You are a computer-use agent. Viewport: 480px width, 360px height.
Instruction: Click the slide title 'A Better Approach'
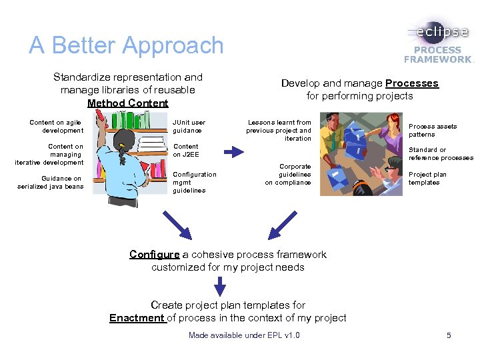[126, 45]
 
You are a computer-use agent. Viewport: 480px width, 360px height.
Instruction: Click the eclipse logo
[439, 32]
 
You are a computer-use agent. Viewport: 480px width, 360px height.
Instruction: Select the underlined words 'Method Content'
[127, 103]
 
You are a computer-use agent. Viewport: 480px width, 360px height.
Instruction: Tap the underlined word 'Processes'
[411, 83]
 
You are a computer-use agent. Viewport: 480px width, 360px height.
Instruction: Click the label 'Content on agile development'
[57, 126]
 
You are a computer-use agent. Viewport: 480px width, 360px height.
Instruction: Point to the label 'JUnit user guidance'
[189, 126]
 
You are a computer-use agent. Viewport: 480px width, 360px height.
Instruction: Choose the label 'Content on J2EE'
[185, 150]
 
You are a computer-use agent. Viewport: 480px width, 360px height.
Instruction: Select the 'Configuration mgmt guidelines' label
[194, 182]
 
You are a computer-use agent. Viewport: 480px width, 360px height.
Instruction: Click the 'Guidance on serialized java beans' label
[51, 182]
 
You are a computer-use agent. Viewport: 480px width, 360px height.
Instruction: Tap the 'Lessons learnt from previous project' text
[279, 130]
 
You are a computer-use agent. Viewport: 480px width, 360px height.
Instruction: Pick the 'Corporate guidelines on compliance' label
[288, 174]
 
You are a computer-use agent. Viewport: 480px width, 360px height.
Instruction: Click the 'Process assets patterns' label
[433, 130]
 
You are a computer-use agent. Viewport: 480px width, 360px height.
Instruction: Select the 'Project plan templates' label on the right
[427, 178]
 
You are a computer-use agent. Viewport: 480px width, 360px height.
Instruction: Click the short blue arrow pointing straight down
[219, 286]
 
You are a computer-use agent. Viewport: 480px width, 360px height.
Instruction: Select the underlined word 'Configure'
[155, 254]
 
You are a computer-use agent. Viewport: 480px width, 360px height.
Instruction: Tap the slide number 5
[449, 335]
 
